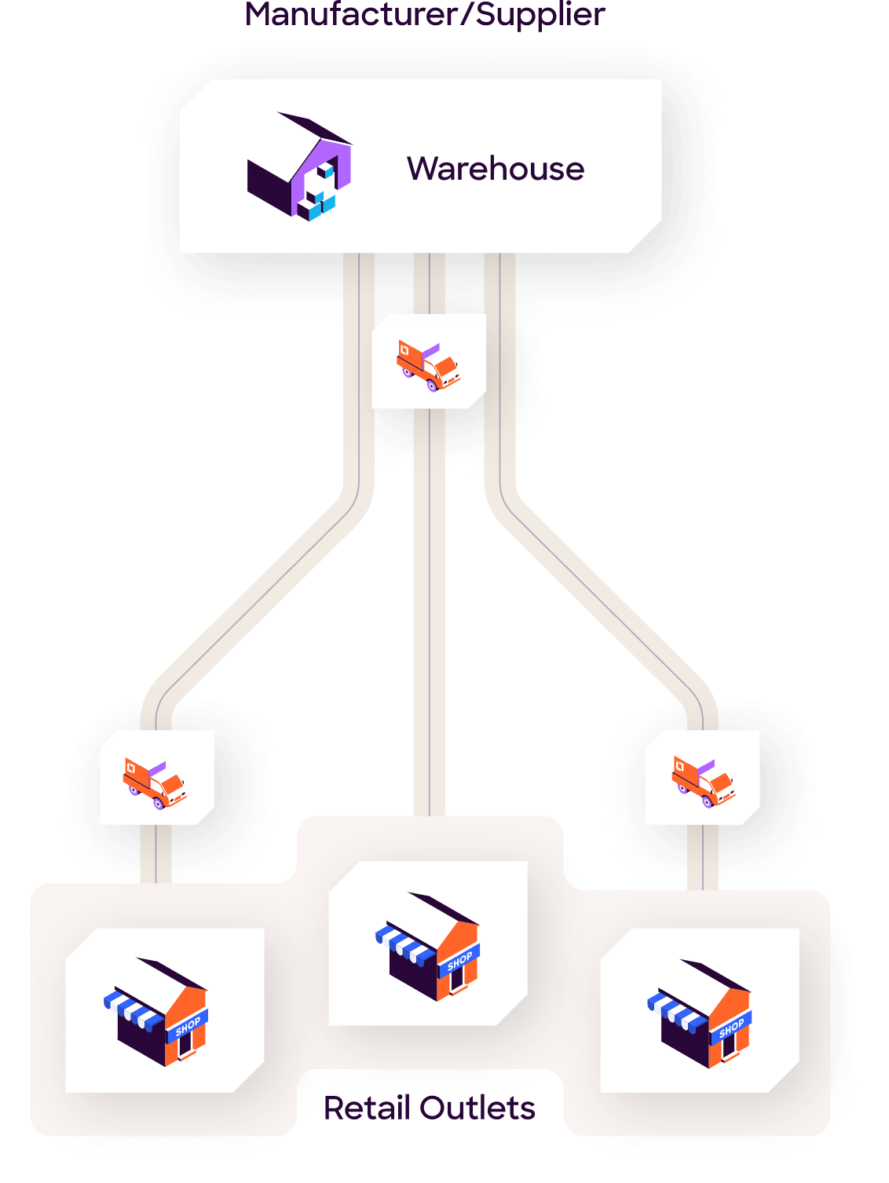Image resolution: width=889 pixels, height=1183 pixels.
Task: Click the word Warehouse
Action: pos(496,169)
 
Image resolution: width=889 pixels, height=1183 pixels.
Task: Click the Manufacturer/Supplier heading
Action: pos(425,14)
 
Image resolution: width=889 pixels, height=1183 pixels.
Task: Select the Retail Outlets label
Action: pos(430,1108)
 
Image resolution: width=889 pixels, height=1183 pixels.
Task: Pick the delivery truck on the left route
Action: pos(155,781)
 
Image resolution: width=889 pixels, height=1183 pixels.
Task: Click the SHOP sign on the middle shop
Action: pos(460,960)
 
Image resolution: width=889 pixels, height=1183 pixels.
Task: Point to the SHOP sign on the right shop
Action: pos(732,1027)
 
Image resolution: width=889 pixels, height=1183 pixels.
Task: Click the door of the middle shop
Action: pos(456,977)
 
